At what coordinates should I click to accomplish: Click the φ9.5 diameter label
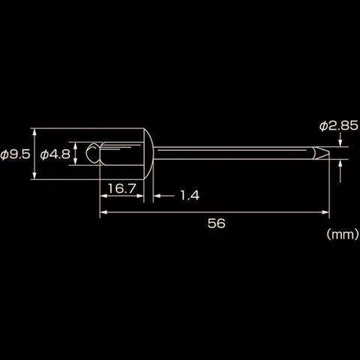click(15, 154)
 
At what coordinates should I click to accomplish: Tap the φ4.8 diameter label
click(55, 154)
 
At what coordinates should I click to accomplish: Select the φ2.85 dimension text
click(339, 126)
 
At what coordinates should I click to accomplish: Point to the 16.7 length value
click(121, 188)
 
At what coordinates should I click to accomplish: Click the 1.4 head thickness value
click(190, 195)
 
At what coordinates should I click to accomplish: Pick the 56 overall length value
click(217, 223)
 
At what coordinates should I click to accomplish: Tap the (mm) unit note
click(343, 235)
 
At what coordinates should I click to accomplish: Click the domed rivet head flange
click(148, 154)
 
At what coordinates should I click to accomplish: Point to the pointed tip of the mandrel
click(328, 153)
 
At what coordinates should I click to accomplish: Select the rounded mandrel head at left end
click(93, 153)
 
